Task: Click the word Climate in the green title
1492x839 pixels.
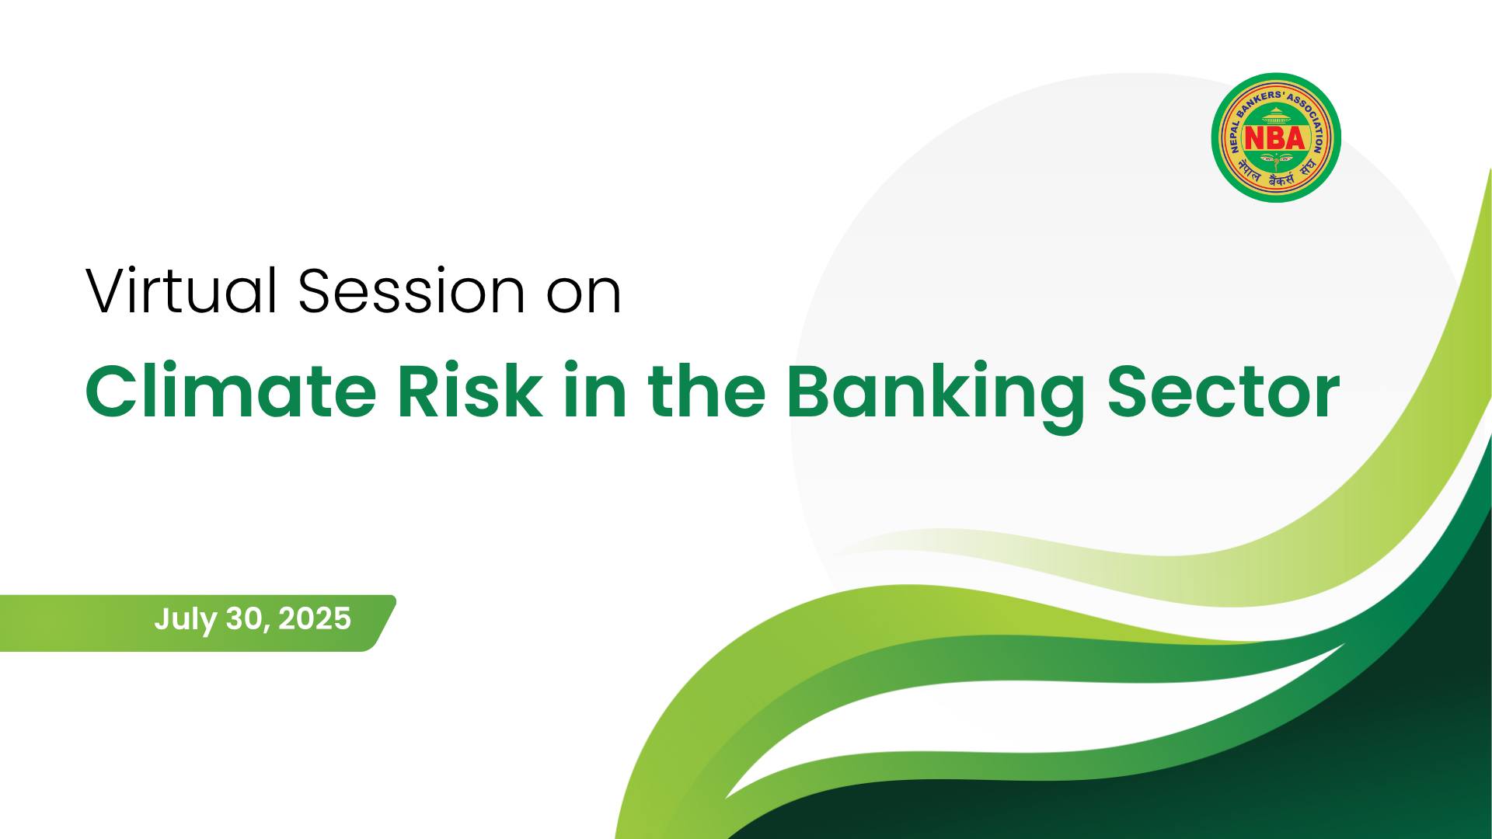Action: click(x=230, y=390)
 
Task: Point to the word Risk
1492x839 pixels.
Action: click(x=469, y=390)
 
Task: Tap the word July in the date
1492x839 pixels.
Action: click(x=185, y=620)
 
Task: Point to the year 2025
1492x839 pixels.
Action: click(x=315, y=619)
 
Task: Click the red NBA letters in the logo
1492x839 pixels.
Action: click(x=1275, y=139)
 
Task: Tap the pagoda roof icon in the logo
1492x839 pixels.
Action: click(x=1275, y=115)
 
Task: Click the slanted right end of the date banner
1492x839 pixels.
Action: click(x=383, y=623)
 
